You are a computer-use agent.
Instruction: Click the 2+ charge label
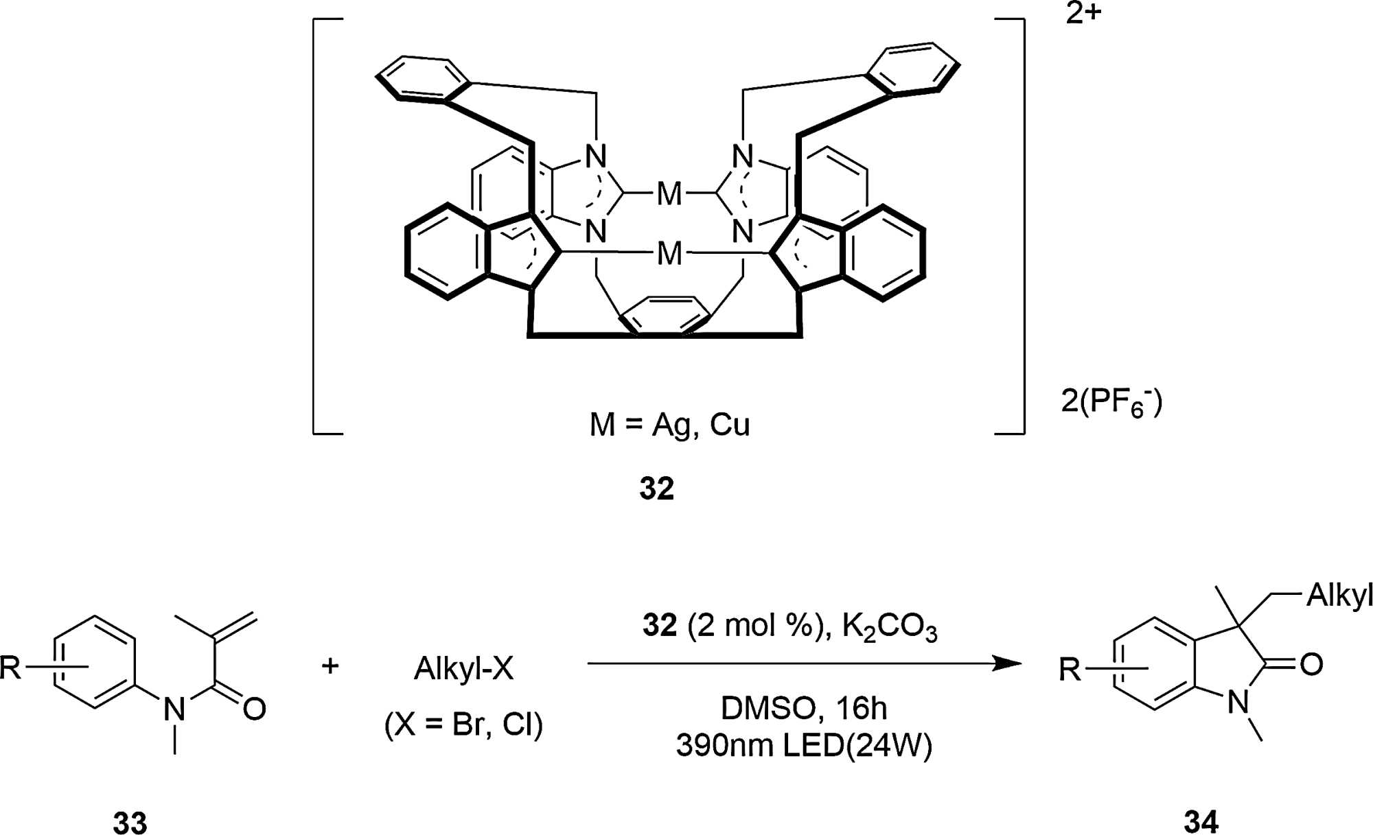[x=1083, y=14]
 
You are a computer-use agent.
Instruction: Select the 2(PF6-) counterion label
[x=1111, y=401]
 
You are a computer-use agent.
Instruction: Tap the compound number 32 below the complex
[x=656, y=489]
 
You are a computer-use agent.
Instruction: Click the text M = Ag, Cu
[x=669, y=425]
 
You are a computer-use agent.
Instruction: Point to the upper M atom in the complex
[x=669, y=193]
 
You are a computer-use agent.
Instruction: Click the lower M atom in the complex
[x=669, y=253]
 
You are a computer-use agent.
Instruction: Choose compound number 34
[x=1201, y=821]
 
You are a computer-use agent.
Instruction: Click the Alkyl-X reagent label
[x=463, y=668]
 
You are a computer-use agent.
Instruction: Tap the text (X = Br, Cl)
[x=463, y=725]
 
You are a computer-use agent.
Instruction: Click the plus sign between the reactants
[x=330, y=666]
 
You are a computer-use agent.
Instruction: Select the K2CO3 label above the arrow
[x=889, y=626]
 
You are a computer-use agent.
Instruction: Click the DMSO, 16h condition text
[x=803, y=708]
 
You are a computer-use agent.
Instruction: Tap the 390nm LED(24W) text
[x=804, y=745]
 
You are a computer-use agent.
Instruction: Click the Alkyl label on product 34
[x=1339, y=595]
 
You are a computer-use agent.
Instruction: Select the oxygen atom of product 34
[x=1311, y=664]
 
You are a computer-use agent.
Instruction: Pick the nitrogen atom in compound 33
[x=174, y=709]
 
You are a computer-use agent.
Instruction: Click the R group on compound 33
[x=11, y=668]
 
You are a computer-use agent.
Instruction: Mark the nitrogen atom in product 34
[x=1238, y=702]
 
